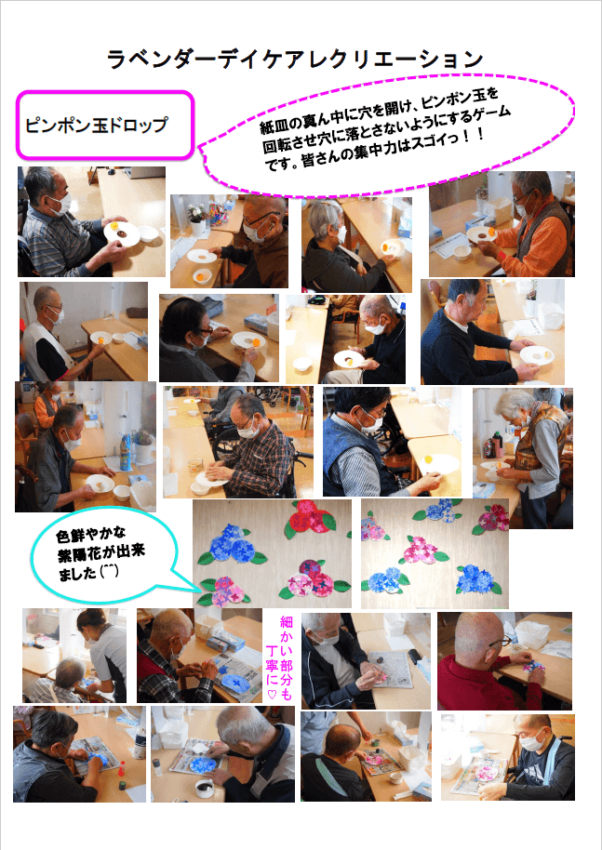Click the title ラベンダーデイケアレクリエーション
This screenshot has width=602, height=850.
(295, 59)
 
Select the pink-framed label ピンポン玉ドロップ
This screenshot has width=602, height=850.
(104, 126)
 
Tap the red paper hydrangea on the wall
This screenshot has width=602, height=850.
(310, 518)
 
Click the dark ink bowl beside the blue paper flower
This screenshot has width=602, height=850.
(205, 784)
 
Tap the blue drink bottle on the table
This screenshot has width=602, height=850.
(126, 452)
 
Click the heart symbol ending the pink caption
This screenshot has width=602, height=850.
(273, 695)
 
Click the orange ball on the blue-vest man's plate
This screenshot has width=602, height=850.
(428, 459)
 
